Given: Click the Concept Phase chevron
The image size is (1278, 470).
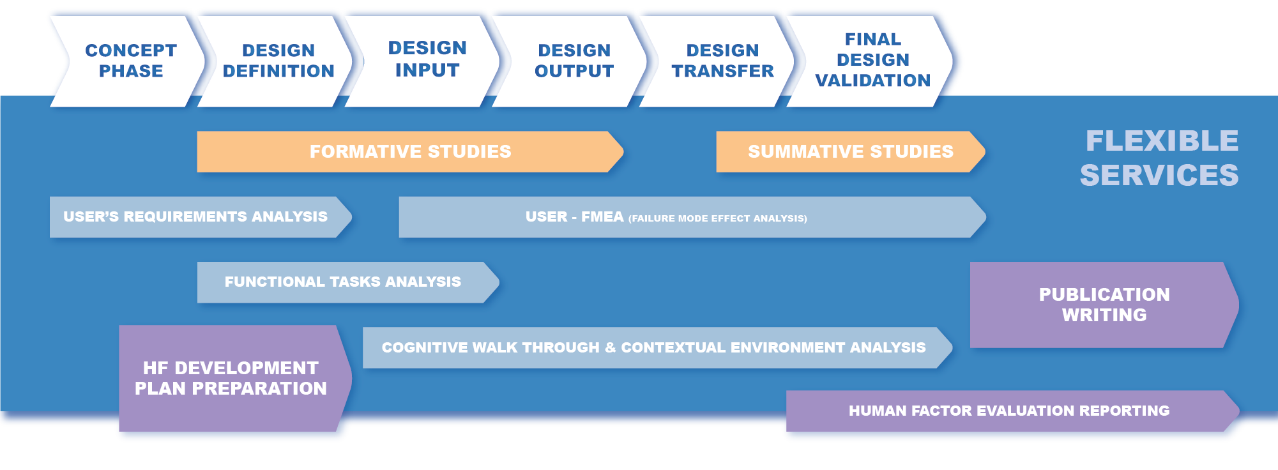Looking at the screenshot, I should (131, 61).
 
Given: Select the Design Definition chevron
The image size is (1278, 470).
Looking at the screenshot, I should (278, 61).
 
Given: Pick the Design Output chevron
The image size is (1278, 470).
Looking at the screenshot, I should (574, 61).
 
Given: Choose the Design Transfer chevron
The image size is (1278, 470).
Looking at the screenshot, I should (722, 61).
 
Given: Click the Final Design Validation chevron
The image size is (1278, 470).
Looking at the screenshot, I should (872, 60).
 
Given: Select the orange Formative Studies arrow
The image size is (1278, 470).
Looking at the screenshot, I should (410, 152).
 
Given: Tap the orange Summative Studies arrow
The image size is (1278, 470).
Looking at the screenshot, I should (850, 152).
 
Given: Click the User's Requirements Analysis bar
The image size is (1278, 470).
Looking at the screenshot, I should (195, 217).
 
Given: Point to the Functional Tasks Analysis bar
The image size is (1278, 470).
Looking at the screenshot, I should (342, 282).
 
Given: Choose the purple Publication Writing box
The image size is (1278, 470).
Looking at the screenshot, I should (1104, 305).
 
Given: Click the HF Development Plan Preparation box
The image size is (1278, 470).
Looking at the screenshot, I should (231, 378).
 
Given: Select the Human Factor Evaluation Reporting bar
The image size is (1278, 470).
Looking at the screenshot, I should (1008, 411).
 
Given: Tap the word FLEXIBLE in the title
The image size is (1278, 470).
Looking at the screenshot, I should (1162, 141).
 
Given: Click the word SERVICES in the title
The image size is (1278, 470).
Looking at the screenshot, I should (1159, 176).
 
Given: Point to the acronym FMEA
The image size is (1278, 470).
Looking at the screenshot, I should (602, 217).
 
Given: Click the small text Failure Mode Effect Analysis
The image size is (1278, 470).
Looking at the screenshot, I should (717, 218).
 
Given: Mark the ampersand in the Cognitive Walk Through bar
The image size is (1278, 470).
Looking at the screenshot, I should (610, 348).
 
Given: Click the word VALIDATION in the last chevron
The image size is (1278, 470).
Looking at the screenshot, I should (872, 80).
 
